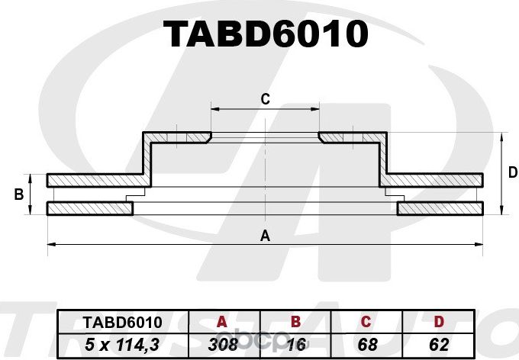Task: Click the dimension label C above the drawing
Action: (x=265, y=98)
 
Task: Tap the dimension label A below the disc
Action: (x=265, y=236)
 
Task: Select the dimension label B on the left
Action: (x=18, y=195)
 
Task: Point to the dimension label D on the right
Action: (x=512, y=173)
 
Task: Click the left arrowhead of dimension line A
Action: (x=50, y=244)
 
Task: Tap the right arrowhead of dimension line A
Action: (x=481, y=244)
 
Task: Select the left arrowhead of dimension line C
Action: (x=213, y=109)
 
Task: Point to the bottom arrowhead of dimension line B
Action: (x=31, y=212)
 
